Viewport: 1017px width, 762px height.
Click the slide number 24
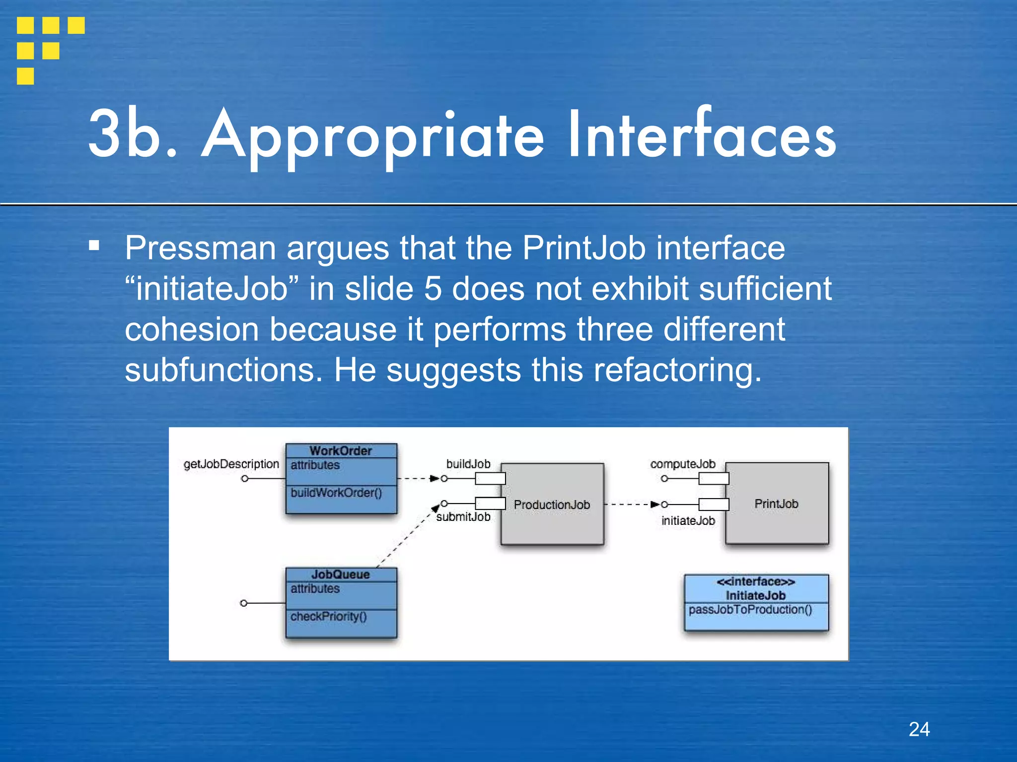[x=919, y=729]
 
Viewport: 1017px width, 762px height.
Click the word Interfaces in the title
[x=701, y=135]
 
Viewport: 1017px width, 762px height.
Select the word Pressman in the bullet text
[x=200, y=248]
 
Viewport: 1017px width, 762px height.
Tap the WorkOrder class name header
[x=341, y=450]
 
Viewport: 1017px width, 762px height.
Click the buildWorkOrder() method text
[x=336, y=493]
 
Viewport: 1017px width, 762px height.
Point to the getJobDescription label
[x=231, y=464]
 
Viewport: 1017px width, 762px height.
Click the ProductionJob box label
[x=552, y=505]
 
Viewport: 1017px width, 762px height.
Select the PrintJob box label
[x=776, y=504]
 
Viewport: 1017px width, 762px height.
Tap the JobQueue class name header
[x=341, y=574]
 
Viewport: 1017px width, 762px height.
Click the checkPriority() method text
[x=328, y=616]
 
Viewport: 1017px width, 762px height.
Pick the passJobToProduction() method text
[x=750, y=609]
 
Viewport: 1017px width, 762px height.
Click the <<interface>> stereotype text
[x=755, y=581]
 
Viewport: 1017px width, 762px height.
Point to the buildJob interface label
[x=468, y=464]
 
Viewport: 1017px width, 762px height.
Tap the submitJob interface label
[x=463, y=517]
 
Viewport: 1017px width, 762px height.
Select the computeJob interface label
[x=683, y=464]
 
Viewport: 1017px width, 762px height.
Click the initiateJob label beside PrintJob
[x=688, y=520]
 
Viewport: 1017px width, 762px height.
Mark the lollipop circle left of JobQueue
[x=243, y=603]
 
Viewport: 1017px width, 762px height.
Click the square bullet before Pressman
[x=94, y=245]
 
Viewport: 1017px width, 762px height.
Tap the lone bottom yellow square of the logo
[x=25, y=76]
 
